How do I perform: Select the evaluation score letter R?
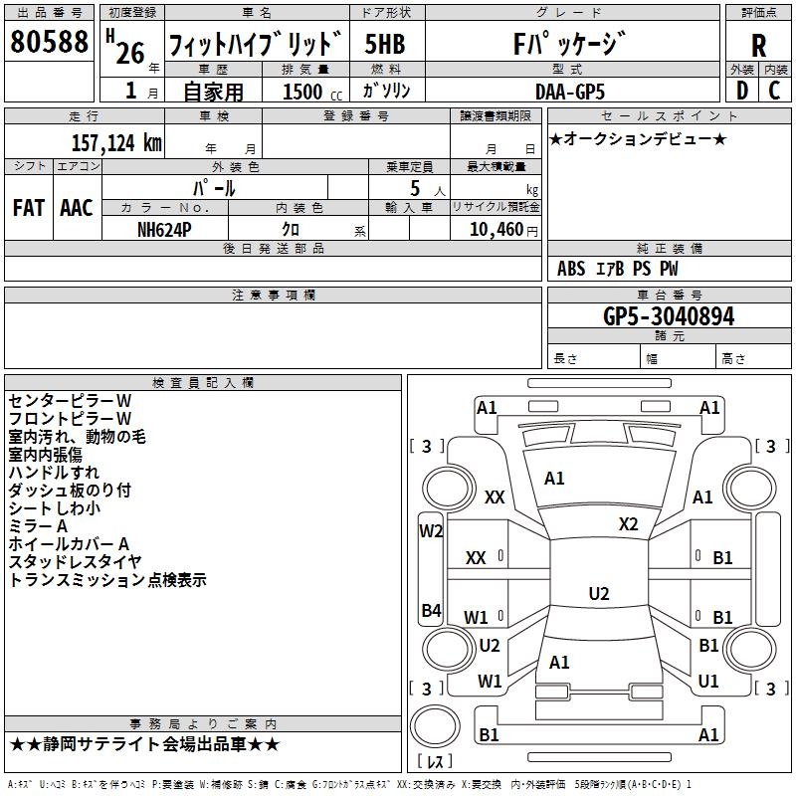758,46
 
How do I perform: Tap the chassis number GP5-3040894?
669,317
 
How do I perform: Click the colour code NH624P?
164,228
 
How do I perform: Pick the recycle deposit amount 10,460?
494,229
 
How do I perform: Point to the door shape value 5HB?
384,46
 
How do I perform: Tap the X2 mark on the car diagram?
628,523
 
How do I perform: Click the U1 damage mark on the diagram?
708,682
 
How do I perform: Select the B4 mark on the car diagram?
431,611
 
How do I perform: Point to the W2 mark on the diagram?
431,531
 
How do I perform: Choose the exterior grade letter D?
741,90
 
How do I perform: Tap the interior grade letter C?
774,90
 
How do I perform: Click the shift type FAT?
29,208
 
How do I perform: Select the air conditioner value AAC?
76,208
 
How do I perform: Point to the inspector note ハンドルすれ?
54,472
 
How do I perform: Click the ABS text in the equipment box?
571,269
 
